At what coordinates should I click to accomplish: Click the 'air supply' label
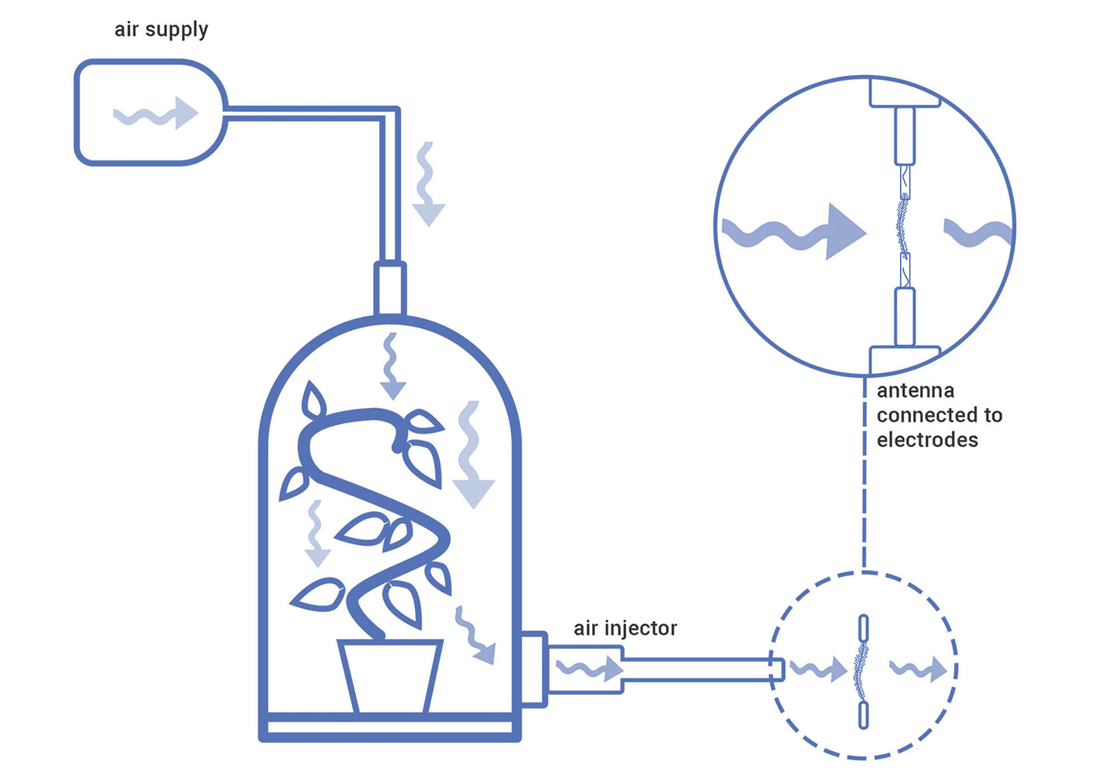[161, 29]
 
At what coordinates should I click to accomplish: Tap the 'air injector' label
[625, 628]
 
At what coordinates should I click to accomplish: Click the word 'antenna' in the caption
[915, 391]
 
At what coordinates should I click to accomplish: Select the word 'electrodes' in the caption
[927, 440]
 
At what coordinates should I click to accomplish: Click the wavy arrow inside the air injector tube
[589, 669]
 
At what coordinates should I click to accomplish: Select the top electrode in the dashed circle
[864, 628]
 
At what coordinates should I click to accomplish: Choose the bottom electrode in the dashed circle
[864, 715]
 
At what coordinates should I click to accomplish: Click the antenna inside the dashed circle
[861, 671]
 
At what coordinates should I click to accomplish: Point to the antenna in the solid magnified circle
[902, 226]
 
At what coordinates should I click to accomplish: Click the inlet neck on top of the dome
[390, 288]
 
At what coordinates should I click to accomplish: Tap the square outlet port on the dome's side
[534, 669]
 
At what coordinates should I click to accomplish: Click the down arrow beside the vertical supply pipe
[427, 185]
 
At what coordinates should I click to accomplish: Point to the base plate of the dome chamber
[390, 729]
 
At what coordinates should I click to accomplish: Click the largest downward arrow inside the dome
[472, 456]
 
